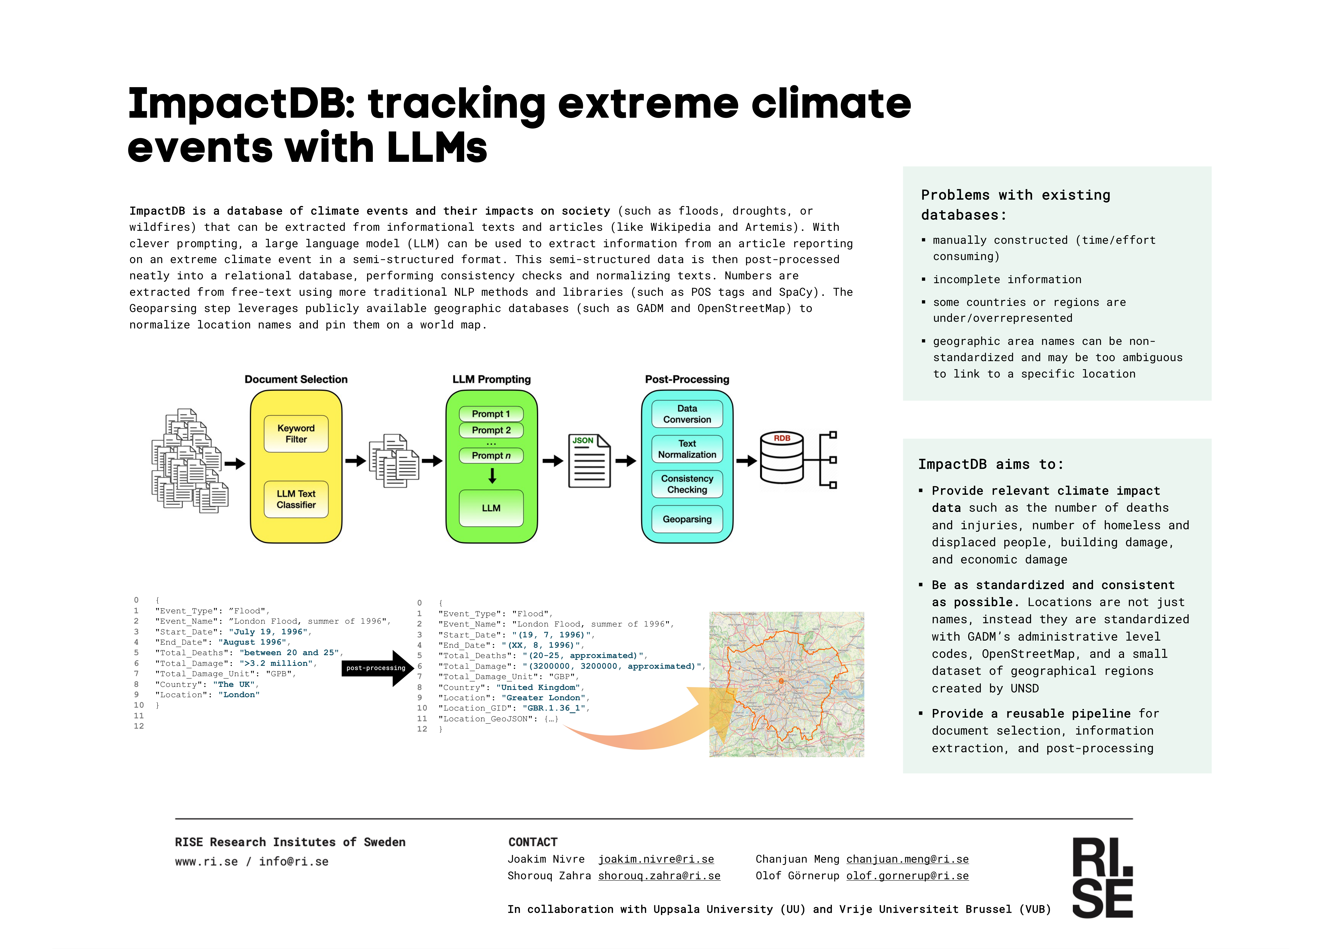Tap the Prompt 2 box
[491, 430]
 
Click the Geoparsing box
[687, 519]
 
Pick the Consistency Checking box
[687, 484]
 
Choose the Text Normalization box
[687, 449]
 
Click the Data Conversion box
[687, 414]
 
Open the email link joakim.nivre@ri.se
[656, 859]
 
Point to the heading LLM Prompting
[491, 379]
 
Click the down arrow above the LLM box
[492, 476]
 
